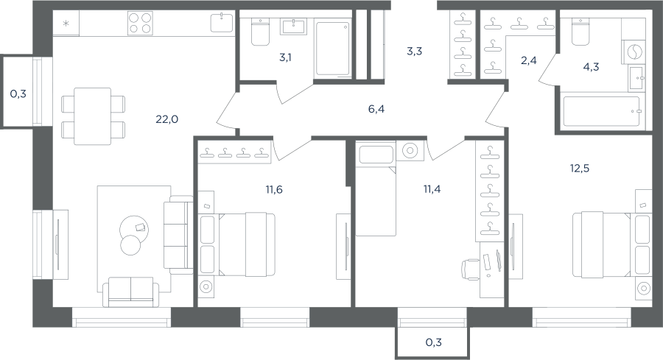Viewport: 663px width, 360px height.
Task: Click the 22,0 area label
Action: point(167,119)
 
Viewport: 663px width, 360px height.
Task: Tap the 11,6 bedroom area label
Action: point(274,190)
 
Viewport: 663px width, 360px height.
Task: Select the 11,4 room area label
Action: point(432,189)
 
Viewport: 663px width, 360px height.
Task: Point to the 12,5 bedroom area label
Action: point(579,169)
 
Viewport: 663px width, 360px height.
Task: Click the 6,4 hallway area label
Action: point(376,110)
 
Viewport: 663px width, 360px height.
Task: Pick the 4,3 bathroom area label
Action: point(591,67)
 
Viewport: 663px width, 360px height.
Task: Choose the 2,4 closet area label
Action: point(528,61)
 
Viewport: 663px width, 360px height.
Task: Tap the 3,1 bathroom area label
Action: point(285,57)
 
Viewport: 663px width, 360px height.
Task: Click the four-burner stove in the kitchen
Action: point(140,23)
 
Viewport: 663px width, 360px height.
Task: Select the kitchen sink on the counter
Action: point(222,22)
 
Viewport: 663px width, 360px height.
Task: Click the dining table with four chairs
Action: point(93,116)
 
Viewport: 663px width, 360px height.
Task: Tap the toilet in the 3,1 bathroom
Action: point(260,32)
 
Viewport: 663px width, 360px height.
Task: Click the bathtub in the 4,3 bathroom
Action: point(601,111)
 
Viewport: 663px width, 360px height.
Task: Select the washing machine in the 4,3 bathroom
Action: point(634,52)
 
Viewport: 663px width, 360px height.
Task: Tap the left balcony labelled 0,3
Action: point(17,92)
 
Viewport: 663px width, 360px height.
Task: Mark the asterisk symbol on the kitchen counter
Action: point(66,24)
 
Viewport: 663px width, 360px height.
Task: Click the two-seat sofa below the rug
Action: point(130,292)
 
